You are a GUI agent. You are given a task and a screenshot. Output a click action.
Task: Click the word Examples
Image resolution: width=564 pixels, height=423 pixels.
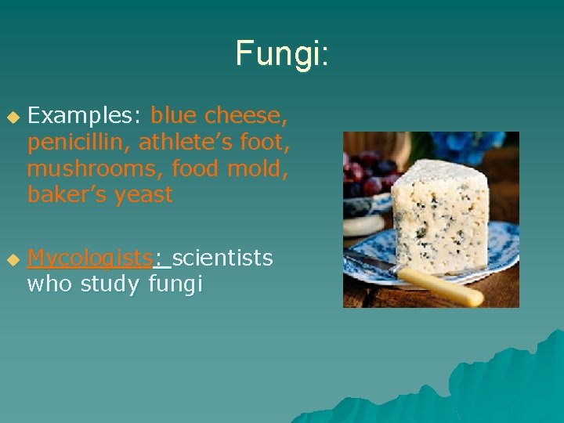pyautogui.click(x=84, y=116)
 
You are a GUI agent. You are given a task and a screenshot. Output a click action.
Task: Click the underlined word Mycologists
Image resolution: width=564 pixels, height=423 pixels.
pyautogui.click(x=89, y=258)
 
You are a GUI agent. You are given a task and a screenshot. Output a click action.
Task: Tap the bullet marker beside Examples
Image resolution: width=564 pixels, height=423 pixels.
pyautogui.click(x=12, y=117)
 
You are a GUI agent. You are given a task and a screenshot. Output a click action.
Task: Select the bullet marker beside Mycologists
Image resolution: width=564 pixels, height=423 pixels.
pyautogui.click(x=12, y=258)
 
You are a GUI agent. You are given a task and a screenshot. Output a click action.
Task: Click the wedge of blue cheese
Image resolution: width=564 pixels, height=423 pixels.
pyautogui.click(x=439, y=212)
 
